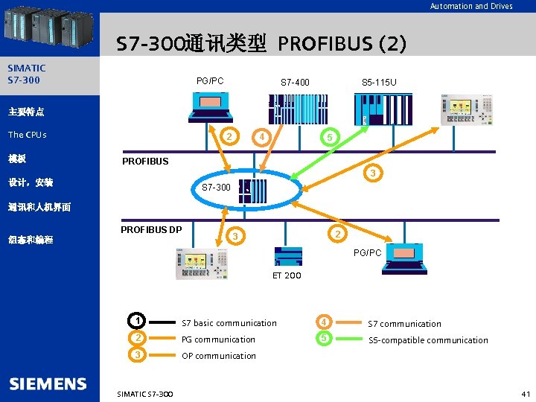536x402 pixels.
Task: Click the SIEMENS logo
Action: tap(48, 384)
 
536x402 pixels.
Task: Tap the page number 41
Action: tap(525, 393)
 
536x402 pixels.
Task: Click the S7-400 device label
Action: tap(295, 82)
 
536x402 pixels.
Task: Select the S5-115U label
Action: tap(379, 82)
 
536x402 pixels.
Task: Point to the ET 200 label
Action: tap(287, 275)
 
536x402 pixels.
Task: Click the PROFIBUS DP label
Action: tap(151, 229)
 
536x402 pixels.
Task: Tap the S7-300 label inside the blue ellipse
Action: tap(216, 187)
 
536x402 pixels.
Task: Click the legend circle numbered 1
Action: tap(136, 322)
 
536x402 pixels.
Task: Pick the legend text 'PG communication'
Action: tap(218, 339)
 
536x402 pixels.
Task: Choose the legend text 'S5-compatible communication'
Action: tap(428, 340)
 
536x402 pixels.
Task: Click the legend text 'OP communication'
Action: tap(219, 356)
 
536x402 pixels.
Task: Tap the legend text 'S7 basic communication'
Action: tap(229, 323)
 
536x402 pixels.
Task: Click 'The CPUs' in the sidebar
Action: tap(28, 135)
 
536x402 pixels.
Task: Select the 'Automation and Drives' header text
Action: tap(471, 6)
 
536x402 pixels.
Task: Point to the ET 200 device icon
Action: tap(288, 255)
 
